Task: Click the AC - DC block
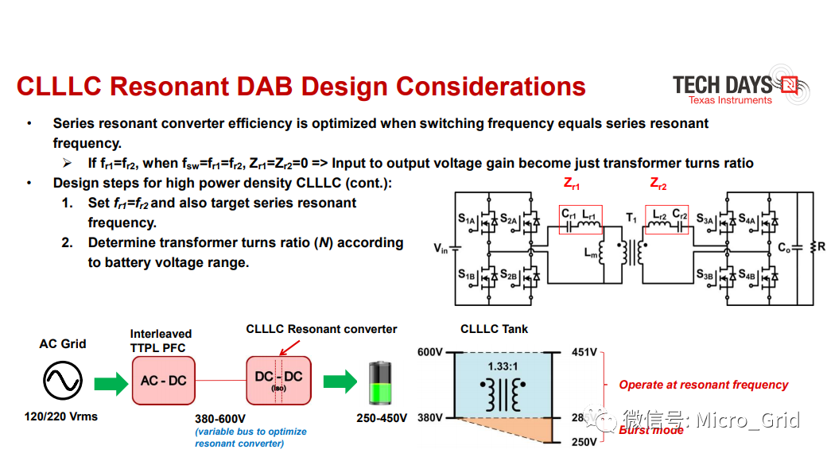163,380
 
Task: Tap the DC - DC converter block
278,381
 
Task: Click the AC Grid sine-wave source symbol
63,381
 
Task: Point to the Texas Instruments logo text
730,100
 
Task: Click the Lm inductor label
591,254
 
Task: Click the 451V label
584,351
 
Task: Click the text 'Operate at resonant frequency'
704,385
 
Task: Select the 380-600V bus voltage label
220,419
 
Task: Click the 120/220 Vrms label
62,416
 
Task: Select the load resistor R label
820,247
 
